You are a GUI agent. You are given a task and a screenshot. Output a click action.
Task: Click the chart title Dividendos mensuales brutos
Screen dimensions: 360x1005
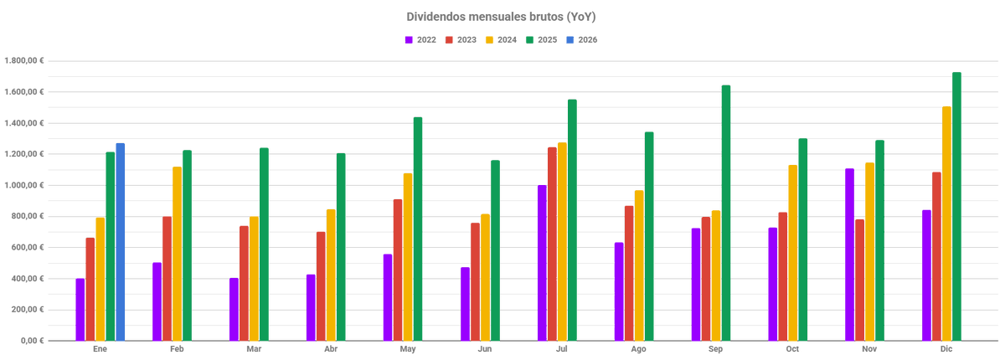point(501,17)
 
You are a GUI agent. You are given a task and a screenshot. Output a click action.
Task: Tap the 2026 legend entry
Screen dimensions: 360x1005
point(581,39)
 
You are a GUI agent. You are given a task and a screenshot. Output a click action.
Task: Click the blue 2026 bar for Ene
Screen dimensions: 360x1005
point(121,242)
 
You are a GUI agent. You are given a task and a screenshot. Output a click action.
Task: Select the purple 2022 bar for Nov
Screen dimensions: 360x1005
point(849,255)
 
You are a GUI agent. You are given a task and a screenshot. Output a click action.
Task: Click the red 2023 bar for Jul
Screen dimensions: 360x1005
point(552,244)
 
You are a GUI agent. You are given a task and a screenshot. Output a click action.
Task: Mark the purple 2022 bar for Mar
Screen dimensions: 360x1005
point(234,309)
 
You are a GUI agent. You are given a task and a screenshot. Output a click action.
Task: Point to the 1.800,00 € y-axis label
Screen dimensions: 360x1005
point(24,61)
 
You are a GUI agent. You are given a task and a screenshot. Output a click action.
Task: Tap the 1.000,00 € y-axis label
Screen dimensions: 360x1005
point(24,185)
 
